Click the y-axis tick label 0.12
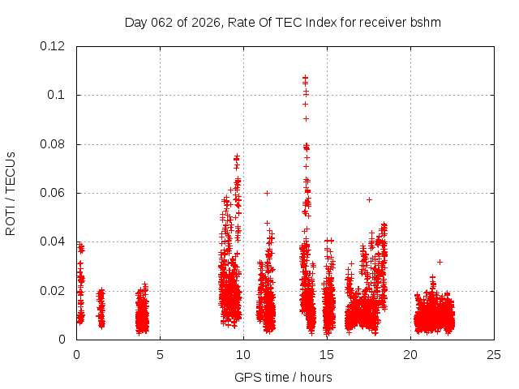pos(53,46)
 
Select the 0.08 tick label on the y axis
pos(53,144)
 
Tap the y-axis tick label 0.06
pos(53,193)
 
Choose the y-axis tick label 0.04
pos(53,242)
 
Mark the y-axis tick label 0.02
pos(53,291)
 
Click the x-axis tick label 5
pos(160,354)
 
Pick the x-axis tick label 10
pos(243,354)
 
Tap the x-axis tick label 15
pos(327,354)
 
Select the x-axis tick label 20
pos(410,354)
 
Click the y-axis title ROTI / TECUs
pos(11,193)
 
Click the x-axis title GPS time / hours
pos(284,377)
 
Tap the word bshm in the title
pos(425,22)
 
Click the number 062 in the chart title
pos(163,22)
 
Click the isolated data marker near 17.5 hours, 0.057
pos(369,199)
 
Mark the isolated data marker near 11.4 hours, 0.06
pos(267,193)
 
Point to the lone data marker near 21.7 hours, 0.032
pos(440,262)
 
